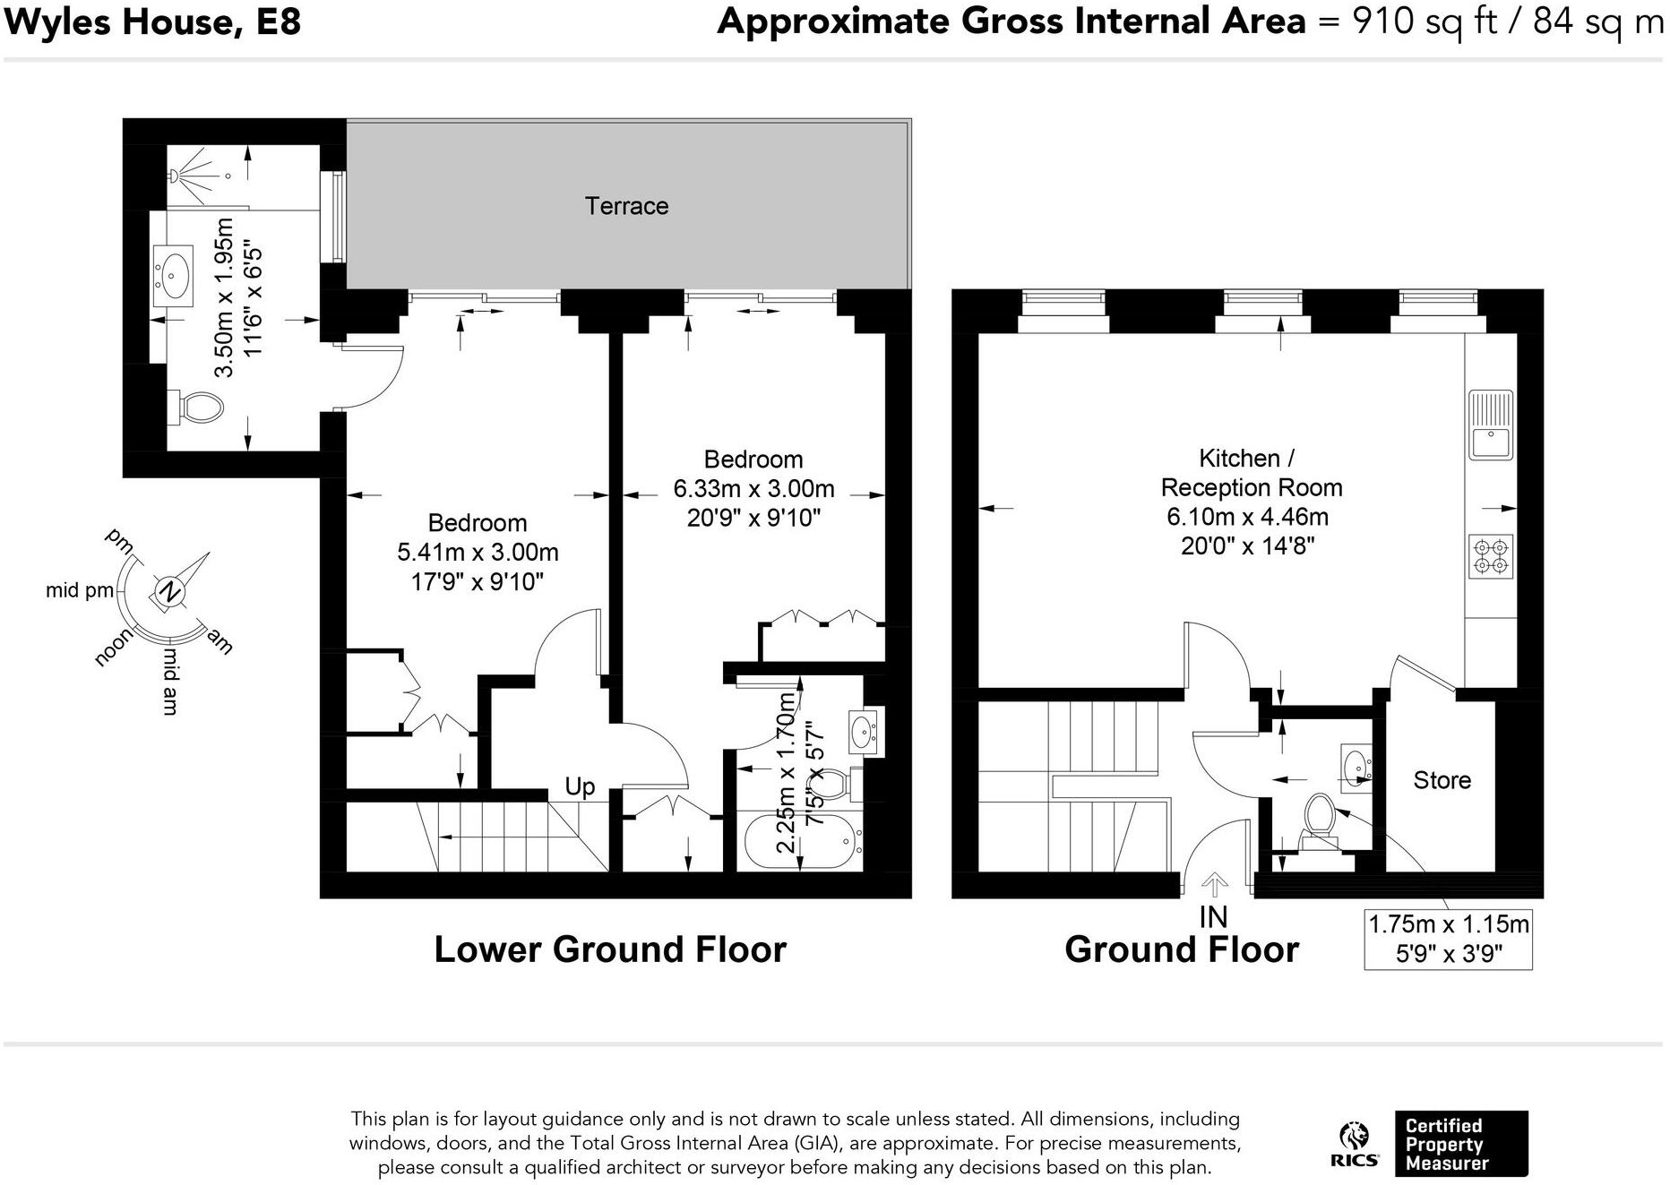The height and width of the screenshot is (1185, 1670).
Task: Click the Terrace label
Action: [x=626, y=206]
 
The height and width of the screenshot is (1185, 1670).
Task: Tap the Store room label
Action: [x=1442, y=780]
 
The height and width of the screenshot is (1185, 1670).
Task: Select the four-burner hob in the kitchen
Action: [x=1491, y=555]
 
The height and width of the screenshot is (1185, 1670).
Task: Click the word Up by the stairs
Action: [x=580, y=787]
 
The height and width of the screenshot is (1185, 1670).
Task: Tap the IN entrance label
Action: [x=1213, y=917]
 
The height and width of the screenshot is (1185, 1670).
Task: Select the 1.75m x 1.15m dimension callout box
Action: [x=1448, y=939]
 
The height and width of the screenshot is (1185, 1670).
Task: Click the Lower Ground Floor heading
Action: [x=610, y=950]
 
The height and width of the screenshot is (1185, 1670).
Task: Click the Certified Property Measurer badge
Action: [x=1460, y=1144]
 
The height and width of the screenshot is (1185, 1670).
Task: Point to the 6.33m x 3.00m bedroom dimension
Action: [x=753, y=489]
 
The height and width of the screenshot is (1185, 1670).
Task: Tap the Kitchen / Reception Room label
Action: [x=1252, y=473]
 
